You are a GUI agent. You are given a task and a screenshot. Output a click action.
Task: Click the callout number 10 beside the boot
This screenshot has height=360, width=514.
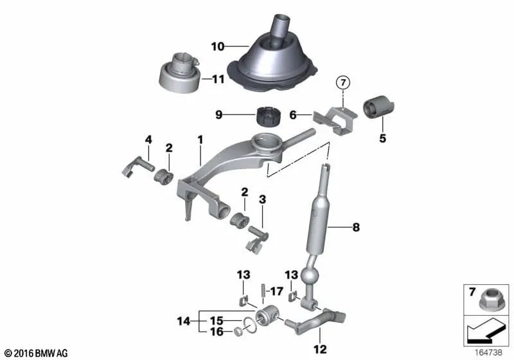[218, 46]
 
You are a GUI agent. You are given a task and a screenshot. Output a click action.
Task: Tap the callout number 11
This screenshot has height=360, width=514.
[219, 80]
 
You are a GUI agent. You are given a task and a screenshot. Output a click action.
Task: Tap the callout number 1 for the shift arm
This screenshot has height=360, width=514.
[200, 139]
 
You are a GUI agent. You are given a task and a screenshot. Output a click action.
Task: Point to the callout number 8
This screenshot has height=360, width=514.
[355, 227]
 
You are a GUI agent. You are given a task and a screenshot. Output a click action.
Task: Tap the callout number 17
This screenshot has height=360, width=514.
[272, 291]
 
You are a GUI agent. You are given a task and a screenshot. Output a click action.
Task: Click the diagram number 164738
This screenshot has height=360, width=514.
[490, 353]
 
